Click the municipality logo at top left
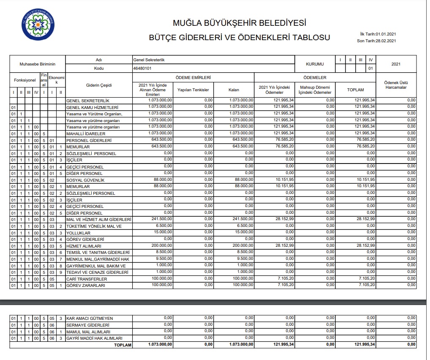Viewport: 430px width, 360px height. pos(38,25)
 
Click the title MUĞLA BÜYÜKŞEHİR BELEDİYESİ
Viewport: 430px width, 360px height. pos(239,23)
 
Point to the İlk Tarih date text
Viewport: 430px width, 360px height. pos(377,34)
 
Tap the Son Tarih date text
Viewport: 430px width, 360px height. pos(376,41)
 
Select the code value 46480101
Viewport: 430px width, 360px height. pos(142,68)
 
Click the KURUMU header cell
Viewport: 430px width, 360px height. pos(315,64)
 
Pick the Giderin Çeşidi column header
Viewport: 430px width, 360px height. pos(98,85)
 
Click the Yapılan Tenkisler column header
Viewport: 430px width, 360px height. pos(193,90)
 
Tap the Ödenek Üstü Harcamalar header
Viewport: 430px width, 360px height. pos(396,85)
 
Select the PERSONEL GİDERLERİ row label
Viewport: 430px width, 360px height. pos(89,140)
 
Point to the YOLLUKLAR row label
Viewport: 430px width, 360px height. pos(79,233)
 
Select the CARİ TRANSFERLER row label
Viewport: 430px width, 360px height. pos(87,279)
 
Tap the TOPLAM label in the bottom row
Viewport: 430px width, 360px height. pos(123,345)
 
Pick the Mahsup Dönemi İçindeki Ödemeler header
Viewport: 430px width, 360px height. pos(315,90)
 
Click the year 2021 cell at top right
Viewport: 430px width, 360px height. pos(396,64)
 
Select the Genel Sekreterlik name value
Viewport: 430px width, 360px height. pos(149,60)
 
